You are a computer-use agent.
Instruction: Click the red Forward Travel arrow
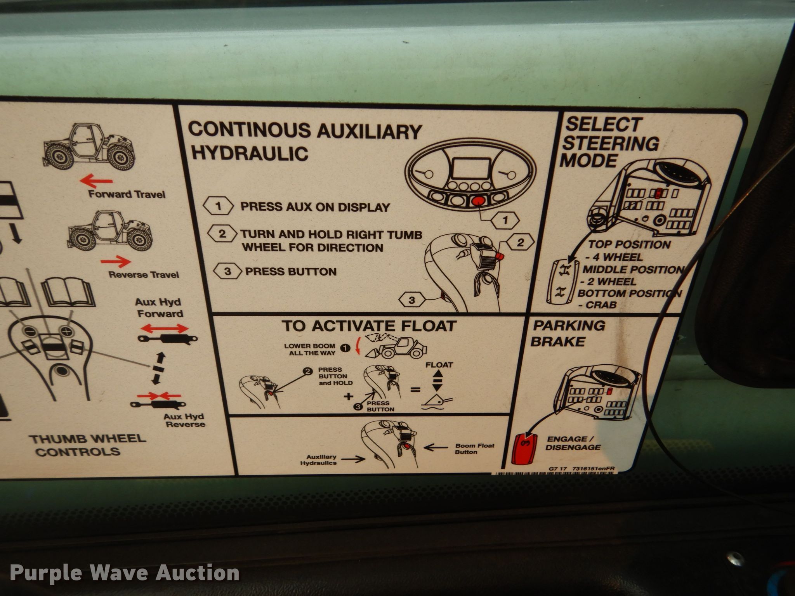pos(96,181)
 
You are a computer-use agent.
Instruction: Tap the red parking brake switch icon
pos(524,448)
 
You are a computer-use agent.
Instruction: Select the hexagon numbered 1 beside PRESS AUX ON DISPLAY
pos(218,206)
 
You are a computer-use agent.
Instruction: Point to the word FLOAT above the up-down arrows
pos(439,365)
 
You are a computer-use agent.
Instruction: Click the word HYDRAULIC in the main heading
pos(250,154)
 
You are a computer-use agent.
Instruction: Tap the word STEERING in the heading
pos(611,143)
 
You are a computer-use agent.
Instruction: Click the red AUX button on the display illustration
pos(478,201)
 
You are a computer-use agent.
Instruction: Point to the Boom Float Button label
pos(475,449)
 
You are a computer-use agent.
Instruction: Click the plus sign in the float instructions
pos(349,396)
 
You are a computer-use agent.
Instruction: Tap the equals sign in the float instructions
pos(415,389)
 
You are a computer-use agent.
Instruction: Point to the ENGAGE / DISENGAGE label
pos(573,443)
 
